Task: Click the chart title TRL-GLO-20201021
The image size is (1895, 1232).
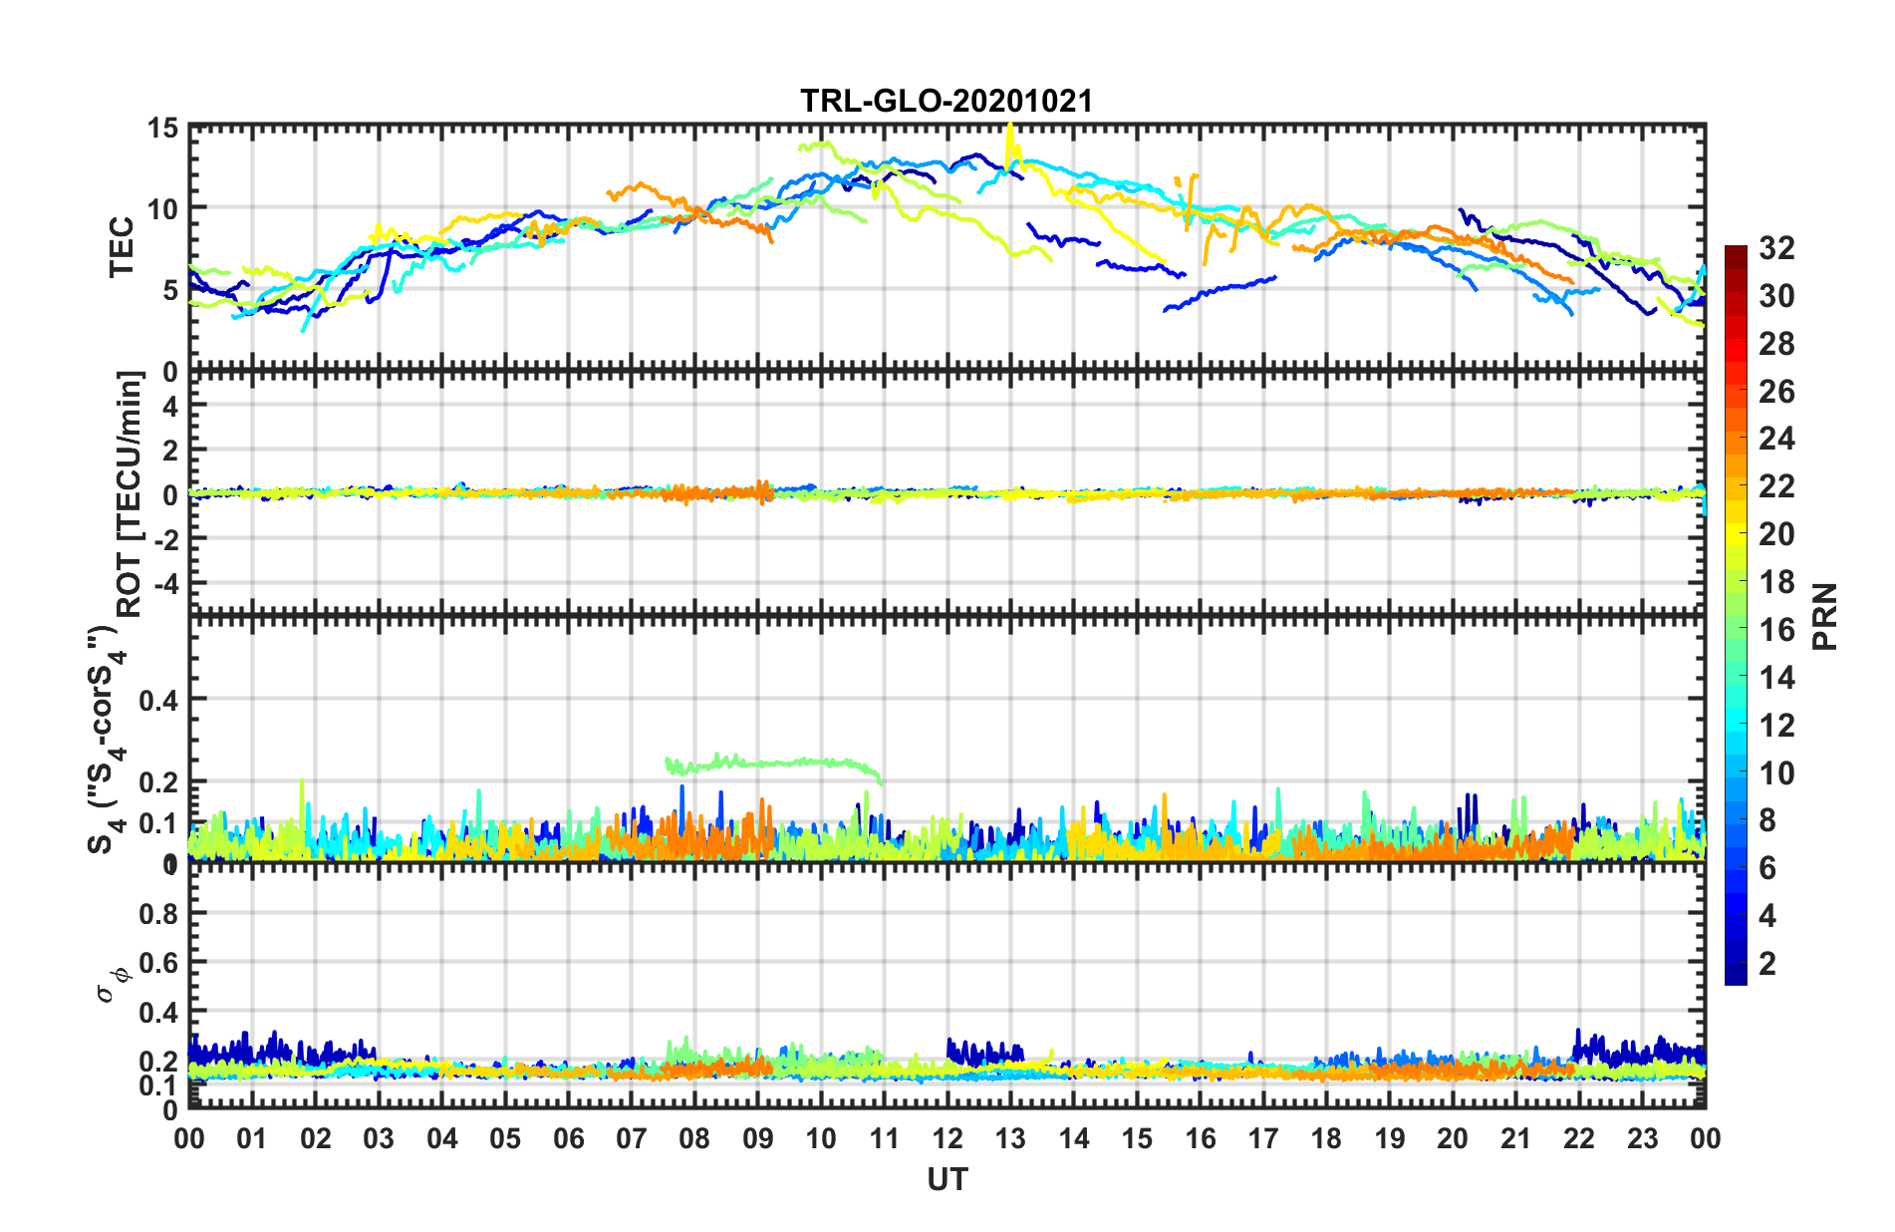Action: [947, 101]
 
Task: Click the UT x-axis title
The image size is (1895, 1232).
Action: [947, 1180]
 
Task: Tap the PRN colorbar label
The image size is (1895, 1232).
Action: [1824, 617]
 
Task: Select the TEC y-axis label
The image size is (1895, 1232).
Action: [122, 247]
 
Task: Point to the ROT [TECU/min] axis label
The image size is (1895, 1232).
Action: [130, 494]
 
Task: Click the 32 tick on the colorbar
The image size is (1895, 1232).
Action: [1775, 248]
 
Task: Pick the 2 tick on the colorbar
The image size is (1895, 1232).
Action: [1767, 963]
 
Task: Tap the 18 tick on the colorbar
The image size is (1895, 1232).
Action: [1775, 582]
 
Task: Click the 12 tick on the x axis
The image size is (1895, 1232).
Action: [947, 1138]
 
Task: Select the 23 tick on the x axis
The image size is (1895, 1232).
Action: [1642, 1138]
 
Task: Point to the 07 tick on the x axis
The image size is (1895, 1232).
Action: [632, 1138]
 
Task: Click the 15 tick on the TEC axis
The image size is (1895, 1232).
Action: [163, 129]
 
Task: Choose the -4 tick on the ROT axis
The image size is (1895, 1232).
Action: [165, 581]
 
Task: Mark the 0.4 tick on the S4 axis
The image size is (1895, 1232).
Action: [158, 700]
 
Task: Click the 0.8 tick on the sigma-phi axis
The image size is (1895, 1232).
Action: [158, 913]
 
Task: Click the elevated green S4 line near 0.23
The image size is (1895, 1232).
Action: [777, 763]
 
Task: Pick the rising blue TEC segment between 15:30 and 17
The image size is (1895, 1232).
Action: [1220, 290]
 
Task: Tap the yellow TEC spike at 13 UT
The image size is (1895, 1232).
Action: [1011, 140]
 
